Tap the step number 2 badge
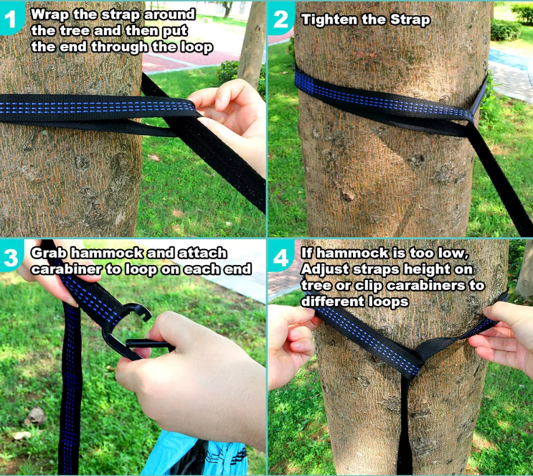280,19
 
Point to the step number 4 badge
280,256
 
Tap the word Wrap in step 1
50,14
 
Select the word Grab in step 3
50,253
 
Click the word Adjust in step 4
325,269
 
